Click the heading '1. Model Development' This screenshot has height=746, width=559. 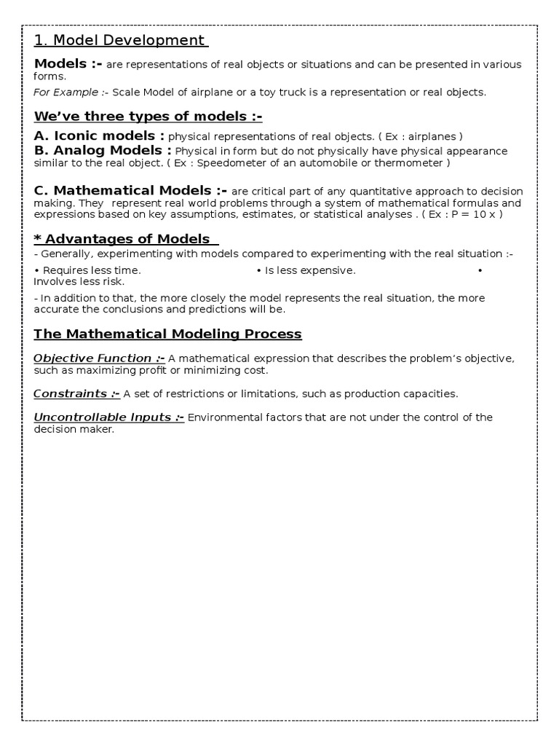[121, 41]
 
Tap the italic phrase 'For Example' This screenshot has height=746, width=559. [66, 93]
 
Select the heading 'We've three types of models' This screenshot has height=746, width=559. [148, 117]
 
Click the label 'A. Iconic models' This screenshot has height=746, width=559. [99, 136]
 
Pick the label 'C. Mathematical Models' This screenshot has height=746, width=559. [131, 191]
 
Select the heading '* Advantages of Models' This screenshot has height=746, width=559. [126, 239]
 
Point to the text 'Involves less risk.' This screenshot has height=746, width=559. [79, 281]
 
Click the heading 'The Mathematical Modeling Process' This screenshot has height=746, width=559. [167, 334]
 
